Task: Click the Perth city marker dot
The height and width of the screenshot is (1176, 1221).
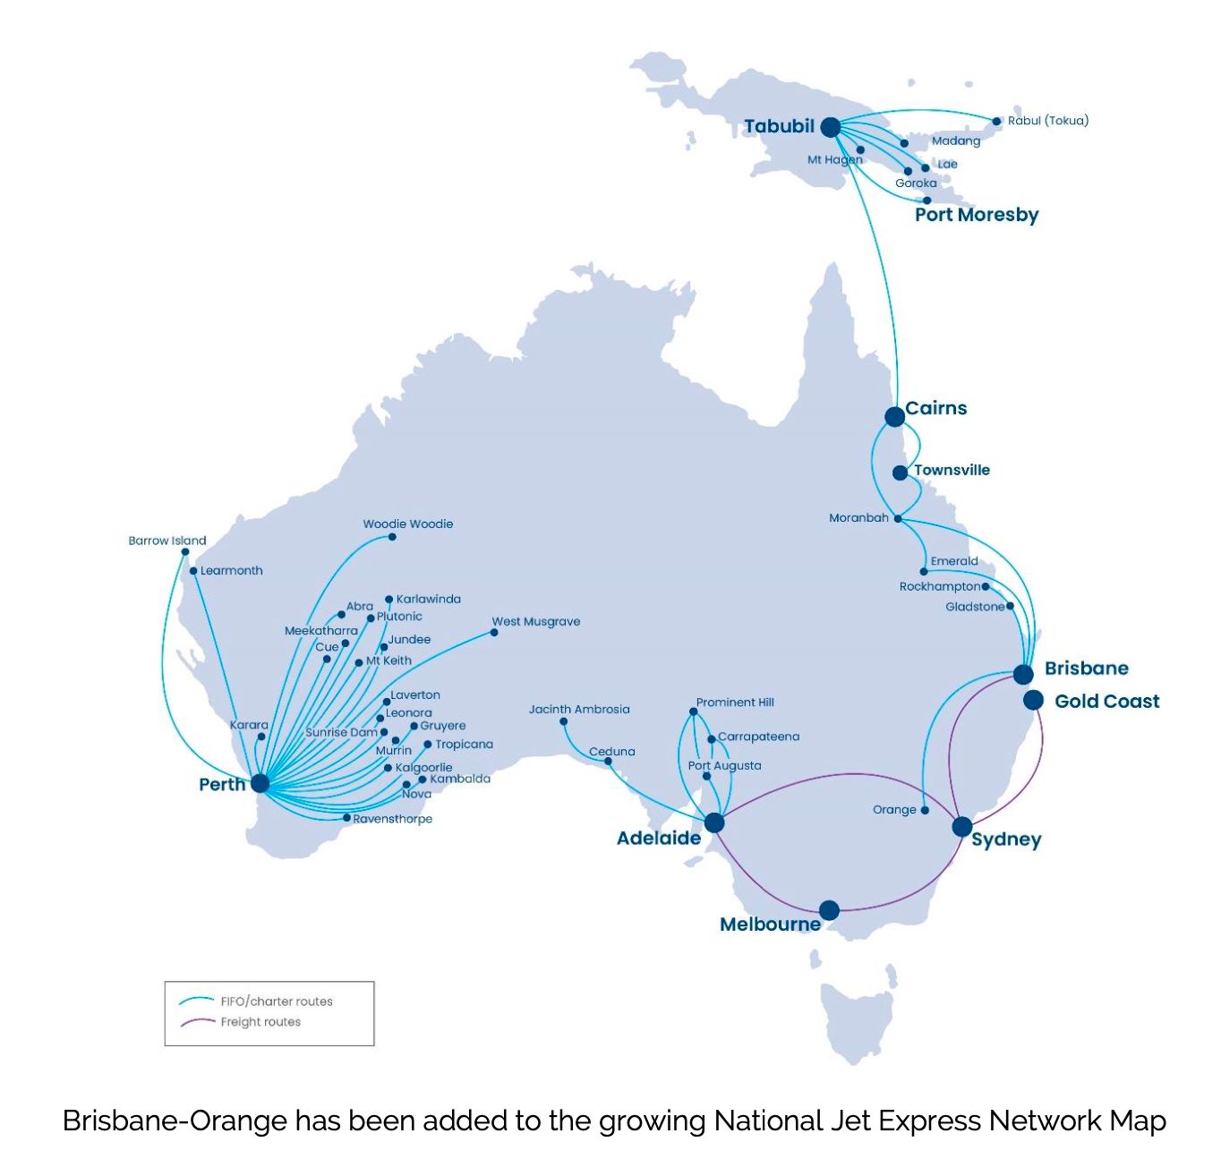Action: (x=260, y=783)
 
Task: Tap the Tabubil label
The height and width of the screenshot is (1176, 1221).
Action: (x=779, y=126)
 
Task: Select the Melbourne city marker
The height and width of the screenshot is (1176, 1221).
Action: (x=829, y=910)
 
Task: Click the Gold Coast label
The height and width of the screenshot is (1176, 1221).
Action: (x=1106, y=701)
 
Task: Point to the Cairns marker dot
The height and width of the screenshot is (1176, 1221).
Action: (x=894, y=416)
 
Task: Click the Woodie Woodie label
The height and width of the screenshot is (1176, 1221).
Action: (x=407, y=524)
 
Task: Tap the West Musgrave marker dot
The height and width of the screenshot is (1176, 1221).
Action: (x=494, y=632)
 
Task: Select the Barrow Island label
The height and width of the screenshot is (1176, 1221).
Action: (x=166, y=541)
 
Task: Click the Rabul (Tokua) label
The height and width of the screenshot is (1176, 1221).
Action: (x=1047, y=120)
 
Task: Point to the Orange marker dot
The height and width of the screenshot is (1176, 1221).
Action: (x=925, y=810)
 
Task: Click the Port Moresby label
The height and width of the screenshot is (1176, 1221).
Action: (x=977, y=215)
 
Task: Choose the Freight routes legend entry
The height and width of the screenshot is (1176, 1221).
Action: (x=260, y=1022)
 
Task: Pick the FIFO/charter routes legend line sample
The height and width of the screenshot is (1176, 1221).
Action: (x=197, y=1001)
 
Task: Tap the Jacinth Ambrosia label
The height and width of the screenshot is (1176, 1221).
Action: (x=579, y=709)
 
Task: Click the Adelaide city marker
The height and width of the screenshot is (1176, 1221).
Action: (x=714, y=822)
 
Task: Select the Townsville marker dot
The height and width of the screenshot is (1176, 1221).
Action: (x=900, y=473)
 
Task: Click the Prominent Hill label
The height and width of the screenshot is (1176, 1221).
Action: (x=735, y=703)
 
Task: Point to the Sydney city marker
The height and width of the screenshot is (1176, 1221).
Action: (x=962, y=826)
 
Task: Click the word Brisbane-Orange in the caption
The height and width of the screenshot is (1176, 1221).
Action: (x=175, y=1121)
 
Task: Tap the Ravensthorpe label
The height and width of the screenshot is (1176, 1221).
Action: (x=392, y=819)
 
